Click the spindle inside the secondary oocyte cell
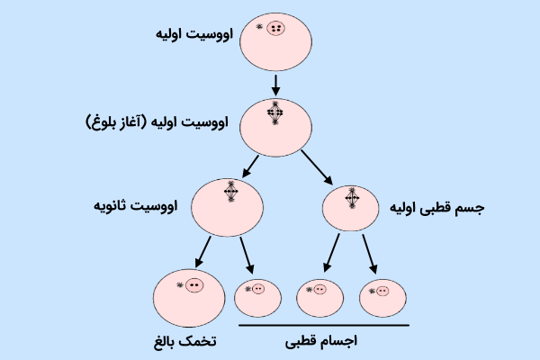coord(231,193)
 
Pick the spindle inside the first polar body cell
coord(352,199)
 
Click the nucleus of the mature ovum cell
coord(193,285)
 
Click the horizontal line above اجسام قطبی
coord(324,325)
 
